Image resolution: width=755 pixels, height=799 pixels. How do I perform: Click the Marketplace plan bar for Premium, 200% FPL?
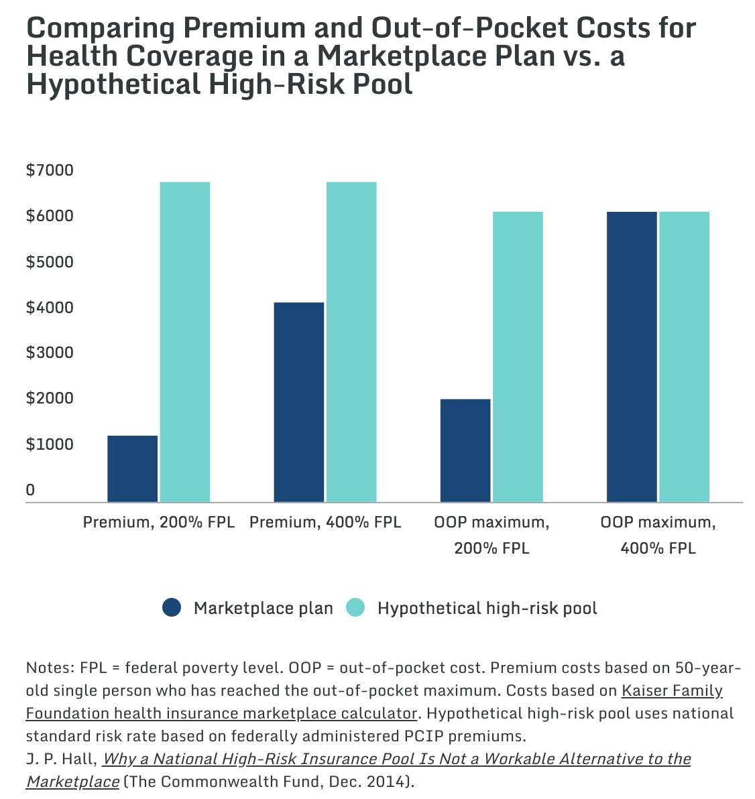pyautogui.click(x=133, y=469)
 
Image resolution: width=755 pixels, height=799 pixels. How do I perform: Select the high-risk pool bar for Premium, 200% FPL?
pyautogui.click(x=185, y=342)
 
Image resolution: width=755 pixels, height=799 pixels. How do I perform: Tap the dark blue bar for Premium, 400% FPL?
pyautogui.click(x=299, y=403)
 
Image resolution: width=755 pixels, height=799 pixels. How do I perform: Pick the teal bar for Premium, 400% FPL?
pyautogui.click(x=351, y=342)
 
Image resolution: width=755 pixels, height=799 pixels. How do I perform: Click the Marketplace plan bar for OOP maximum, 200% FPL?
pyautogui.click(x=465, y=450)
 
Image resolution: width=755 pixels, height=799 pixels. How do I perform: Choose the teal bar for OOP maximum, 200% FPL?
pyautogui.click(x=518, y=357)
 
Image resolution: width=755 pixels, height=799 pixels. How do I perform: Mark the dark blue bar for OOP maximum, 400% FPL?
pyautogui.click(x=632, y=357)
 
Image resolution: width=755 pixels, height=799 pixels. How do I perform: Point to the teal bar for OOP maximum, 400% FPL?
pyautogui.click(x=684, y=357)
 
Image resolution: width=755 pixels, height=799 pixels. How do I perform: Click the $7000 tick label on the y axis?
pyautogui.click(x=50, y=170)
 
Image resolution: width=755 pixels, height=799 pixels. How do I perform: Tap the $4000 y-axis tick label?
pyautogui.click(x=50, y=307)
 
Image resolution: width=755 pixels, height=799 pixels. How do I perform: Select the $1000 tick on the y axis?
pyautogui.click(x=50, y=444)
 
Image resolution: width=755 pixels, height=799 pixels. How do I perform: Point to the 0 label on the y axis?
pyautogui.click(x=31, y=490)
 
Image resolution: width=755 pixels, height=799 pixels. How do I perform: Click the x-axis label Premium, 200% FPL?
pyautogui.click(x=158, y=522)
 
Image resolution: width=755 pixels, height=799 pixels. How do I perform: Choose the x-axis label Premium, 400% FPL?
pyautogui.click(x=325, y=522)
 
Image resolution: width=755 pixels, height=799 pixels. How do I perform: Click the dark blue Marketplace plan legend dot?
pyautogui.click(x=172, y=607)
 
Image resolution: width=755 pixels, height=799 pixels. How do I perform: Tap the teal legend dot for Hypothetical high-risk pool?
pyautogui.click(x=355, y=607)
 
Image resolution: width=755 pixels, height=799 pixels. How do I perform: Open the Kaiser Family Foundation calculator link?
pyautogui.click(x=374, y=702)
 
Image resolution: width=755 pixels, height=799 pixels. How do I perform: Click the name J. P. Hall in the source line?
pyautogui.click(x=61, y=759)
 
